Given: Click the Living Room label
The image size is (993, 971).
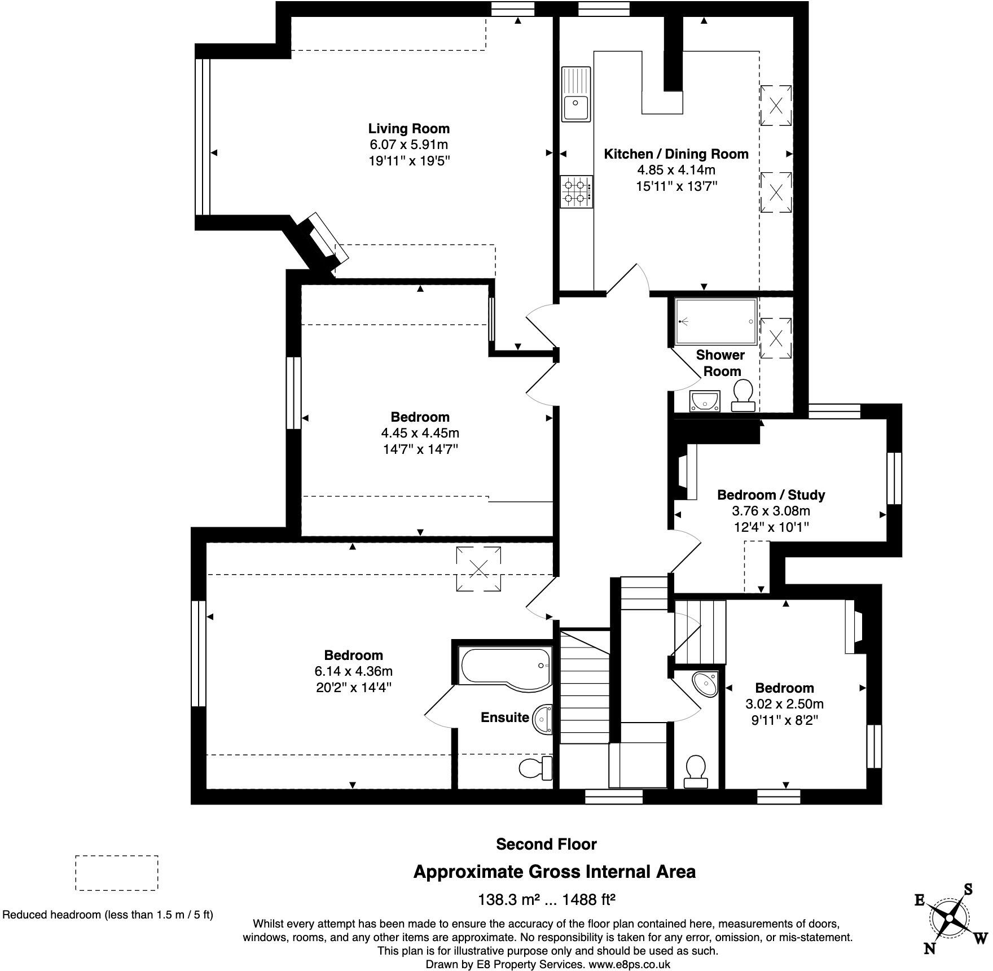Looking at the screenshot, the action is [409, 129].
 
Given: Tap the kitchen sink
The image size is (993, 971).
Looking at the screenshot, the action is [575, 94].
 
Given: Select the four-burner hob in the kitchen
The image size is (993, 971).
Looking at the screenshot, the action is [577, 191].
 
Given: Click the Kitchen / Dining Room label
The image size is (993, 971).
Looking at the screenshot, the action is [676, 154].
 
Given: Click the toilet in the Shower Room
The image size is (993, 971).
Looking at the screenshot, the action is [743, 395].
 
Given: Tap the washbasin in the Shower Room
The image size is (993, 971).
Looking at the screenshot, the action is [705, 401].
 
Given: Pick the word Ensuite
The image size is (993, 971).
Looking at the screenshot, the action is [505, 718].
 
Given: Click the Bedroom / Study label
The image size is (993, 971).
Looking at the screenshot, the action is [771, 495].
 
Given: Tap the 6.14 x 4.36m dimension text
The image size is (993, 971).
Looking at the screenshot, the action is [353, 671].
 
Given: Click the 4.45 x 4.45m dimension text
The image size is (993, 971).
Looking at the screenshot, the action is [420, 433].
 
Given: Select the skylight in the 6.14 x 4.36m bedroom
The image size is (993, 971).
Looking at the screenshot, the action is [478, 568].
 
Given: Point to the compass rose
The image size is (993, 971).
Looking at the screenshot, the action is [951, 918].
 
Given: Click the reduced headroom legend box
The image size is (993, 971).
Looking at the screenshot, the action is [117, 873].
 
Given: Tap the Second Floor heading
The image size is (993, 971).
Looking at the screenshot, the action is [546, 844].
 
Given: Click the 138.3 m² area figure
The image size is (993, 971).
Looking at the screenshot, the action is [510, 899].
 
